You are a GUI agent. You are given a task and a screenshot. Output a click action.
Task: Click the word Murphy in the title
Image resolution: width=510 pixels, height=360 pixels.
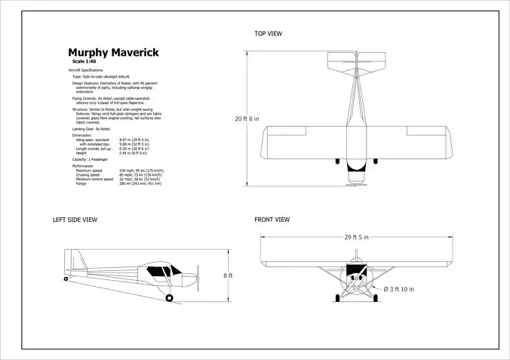(88, 53)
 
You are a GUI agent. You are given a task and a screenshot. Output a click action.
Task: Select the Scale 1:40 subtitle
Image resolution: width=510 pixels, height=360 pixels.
(85, 61)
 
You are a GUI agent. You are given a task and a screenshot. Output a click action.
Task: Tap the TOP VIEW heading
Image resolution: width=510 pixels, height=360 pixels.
(268, 33)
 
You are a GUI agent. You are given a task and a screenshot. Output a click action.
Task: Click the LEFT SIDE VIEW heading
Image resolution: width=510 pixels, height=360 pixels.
(75, 220)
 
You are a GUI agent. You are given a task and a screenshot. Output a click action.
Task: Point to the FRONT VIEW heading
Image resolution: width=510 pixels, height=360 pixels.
(272, 220)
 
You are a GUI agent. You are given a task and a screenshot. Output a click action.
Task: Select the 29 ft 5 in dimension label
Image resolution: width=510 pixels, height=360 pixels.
(357, 238)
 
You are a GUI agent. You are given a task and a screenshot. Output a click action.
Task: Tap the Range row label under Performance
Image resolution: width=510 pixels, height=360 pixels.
(81, 183)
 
